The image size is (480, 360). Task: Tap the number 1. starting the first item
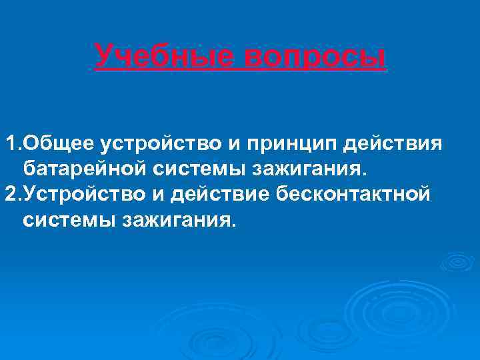coord(13,143)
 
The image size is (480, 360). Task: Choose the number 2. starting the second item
coord(13,193)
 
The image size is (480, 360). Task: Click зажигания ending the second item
coord(179,219)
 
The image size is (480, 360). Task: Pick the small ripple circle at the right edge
coord(457,261)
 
